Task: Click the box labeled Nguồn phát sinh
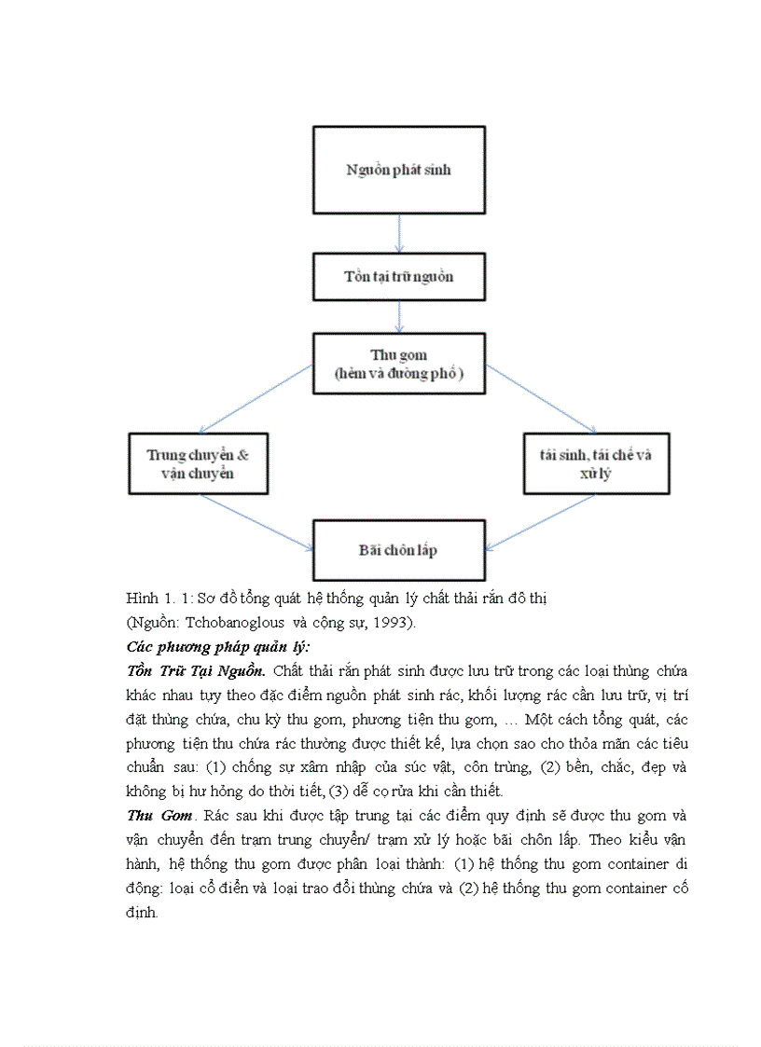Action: tap(398, 170)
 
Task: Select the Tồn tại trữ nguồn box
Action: tap(398, 277)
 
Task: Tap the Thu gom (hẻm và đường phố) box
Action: tap(398, 365)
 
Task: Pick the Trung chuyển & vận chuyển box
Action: tap(198, 463)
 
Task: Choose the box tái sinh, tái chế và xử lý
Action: tap(596, 463)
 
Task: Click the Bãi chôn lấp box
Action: tap(398, 550)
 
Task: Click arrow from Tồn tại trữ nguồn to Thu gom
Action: tap(399, 317)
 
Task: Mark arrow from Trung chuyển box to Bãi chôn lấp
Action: tap(256, 521)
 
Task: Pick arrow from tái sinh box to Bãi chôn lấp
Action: tap(541, 521)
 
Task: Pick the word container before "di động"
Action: tap(636, 864)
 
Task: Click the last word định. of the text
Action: tap(143, 913)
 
